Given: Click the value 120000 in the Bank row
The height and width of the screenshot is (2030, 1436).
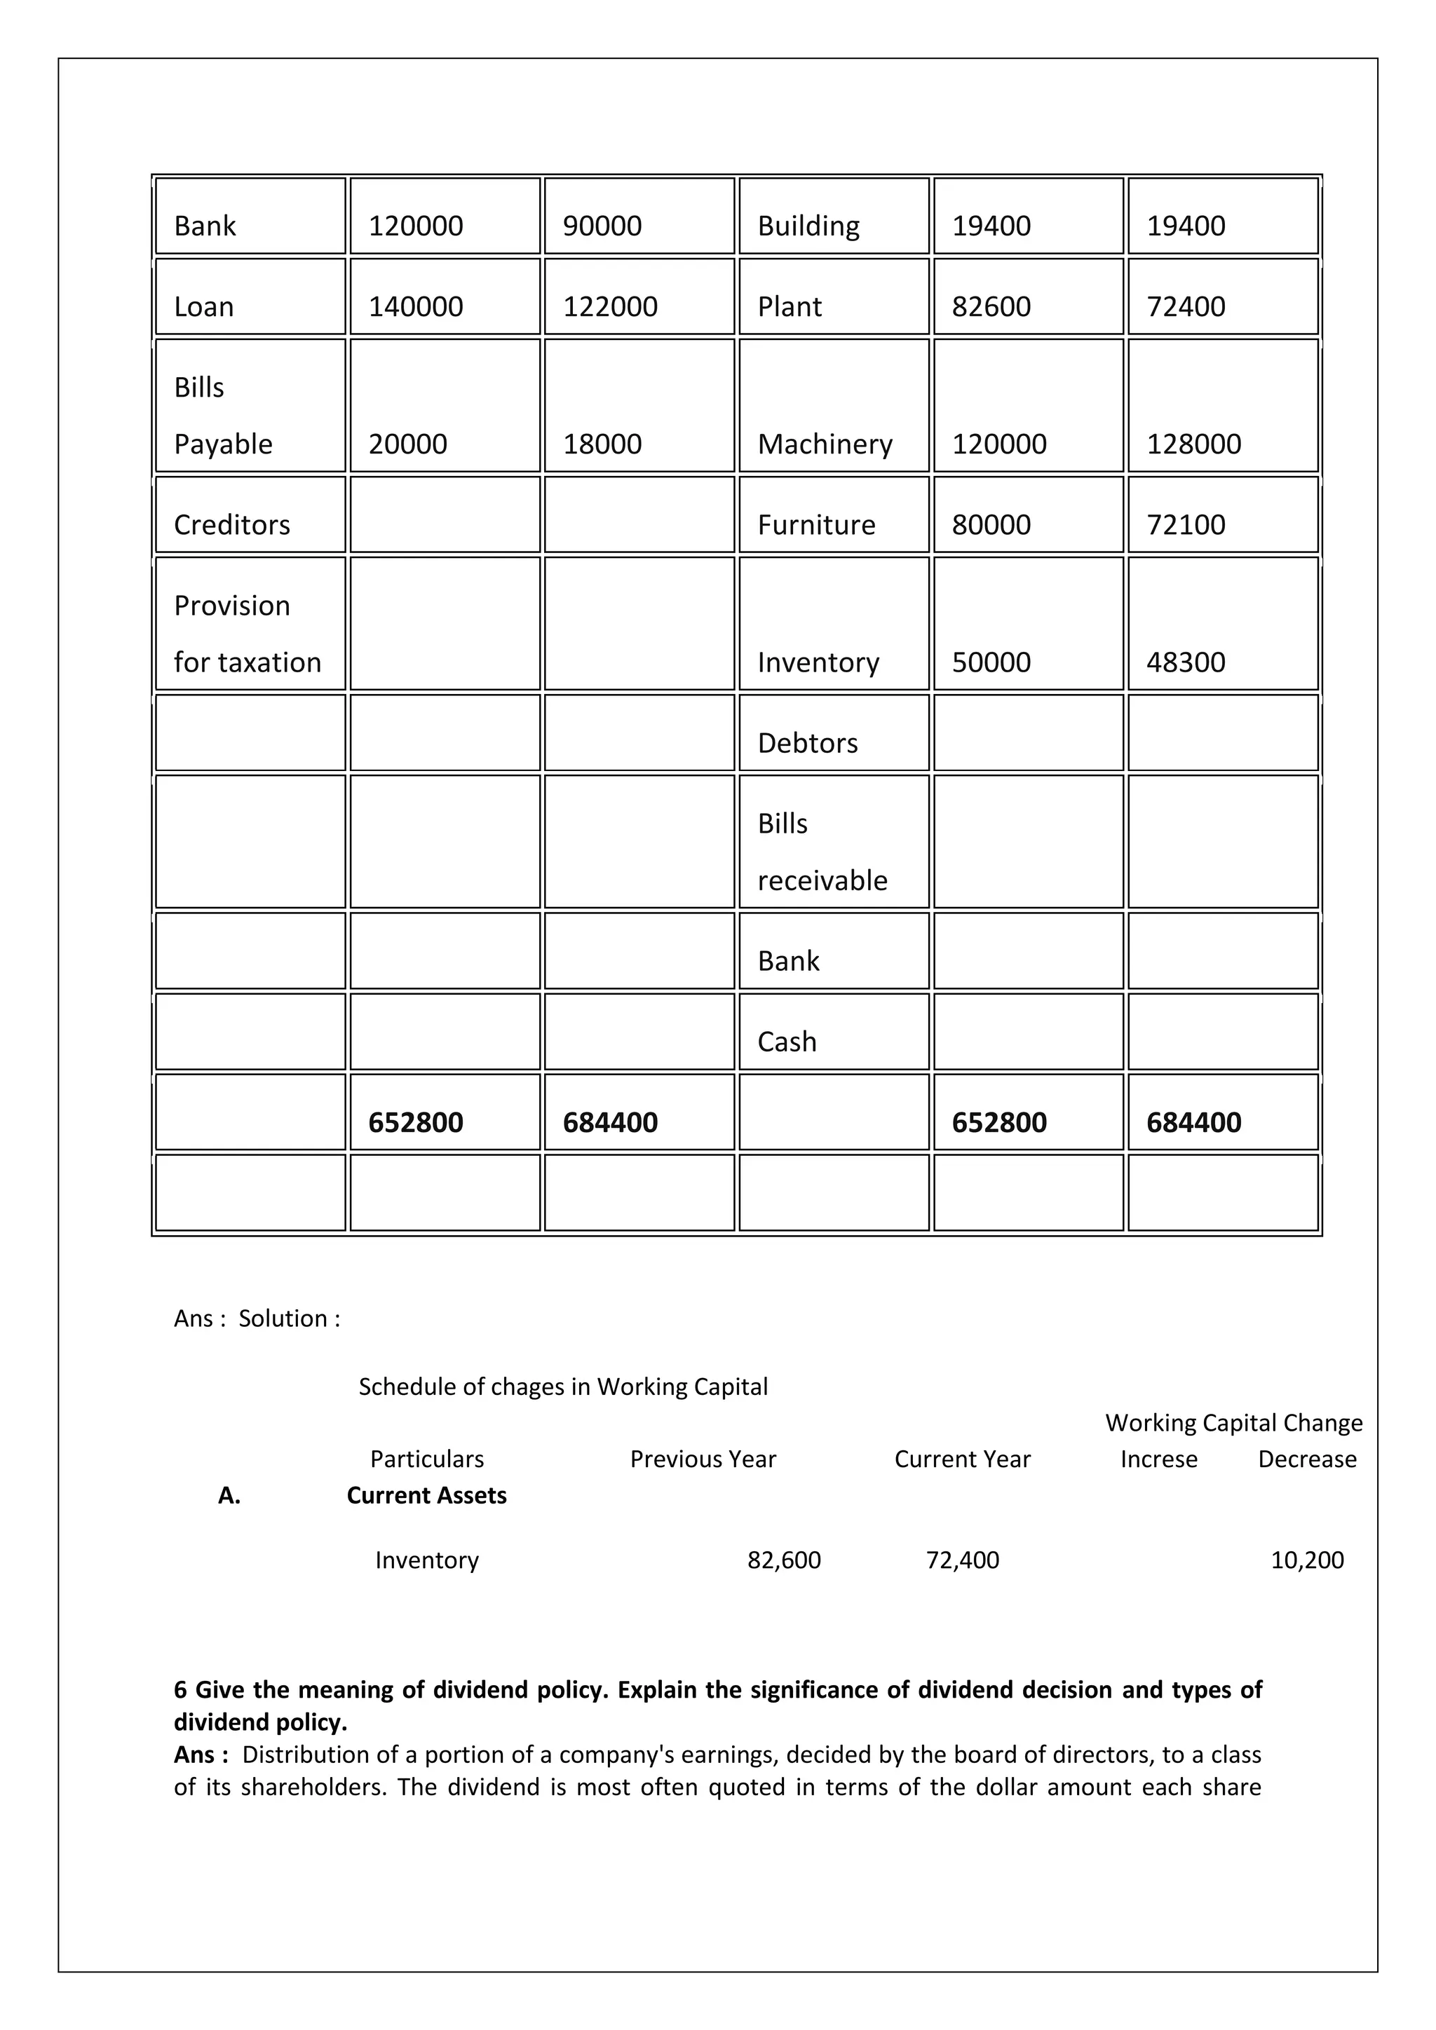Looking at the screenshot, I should pos(416,226).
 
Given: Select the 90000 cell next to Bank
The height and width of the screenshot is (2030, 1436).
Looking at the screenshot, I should pos(602,226).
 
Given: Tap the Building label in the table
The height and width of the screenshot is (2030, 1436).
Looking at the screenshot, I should pos(808,226).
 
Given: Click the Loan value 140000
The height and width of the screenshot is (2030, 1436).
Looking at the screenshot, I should pos(416,307).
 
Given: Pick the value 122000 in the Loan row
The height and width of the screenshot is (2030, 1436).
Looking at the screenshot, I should pos(610,307).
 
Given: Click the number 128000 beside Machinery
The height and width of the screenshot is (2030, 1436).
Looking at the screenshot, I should pos(1193,444).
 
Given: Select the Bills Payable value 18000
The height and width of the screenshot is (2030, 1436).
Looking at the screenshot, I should pos(602,444).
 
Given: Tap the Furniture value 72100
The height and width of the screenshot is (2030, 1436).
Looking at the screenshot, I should pos(1186,525).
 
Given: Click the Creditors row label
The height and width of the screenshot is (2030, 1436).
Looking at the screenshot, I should pos(231,525).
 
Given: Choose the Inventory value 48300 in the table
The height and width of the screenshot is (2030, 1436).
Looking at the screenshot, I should pos(1186,662).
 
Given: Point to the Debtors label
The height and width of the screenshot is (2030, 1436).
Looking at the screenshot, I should pos(807,743).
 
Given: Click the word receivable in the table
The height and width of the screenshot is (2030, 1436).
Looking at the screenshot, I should pos(822,880).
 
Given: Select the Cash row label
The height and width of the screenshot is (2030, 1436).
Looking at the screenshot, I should pos(787,1042).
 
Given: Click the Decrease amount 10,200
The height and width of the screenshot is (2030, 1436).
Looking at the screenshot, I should pos(1307,1560).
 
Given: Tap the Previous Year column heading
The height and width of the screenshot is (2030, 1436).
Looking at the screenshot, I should pos(703,1459).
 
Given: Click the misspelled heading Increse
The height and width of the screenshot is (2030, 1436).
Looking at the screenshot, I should pos(1158,1459).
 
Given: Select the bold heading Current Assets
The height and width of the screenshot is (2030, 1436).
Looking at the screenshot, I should pos(426,1495).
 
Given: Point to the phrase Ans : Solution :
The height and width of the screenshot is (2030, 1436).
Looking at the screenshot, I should pos(257,1319).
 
